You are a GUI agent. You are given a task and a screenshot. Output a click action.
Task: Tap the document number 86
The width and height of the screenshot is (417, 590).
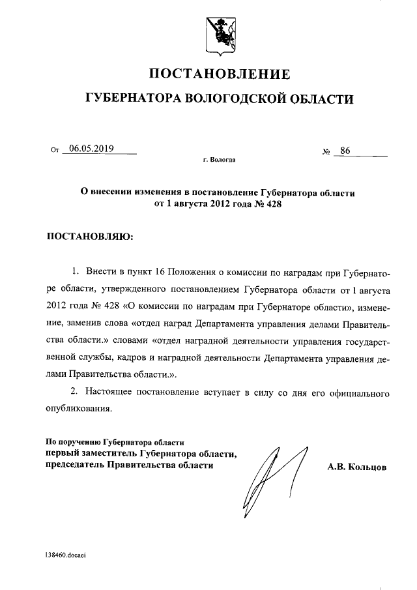(345, 151)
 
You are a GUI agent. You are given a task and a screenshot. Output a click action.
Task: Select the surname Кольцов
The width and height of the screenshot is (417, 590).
(369, 467)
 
